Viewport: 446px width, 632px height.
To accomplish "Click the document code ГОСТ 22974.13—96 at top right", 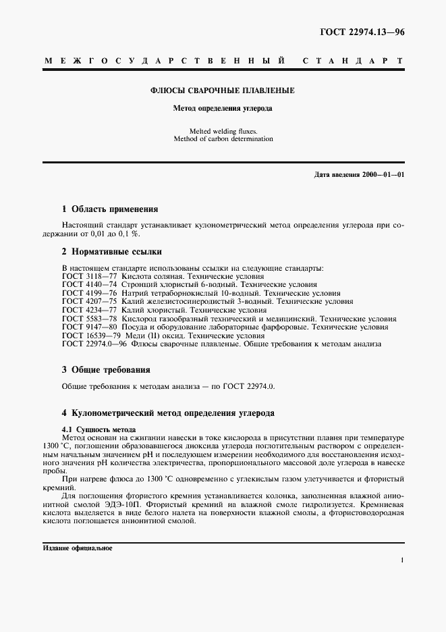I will [362, 32].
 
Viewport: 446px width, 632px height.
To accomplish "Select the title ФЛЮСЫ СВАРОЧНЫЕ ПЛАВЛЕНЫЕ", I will [222, 90].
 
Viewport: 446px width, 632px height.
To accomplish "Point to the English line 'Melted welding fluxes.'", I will [222, 130].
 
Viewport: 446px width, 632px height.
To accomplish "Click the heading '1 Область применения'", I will [110, 209].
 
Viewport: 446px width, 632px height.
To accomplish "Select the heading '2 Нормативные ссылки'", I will [111, 252].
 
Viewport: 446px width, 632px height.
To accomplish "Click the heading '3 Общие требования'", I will [106, 370].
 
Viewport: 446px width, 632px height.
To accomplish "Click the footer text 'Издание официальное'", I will [77, 548].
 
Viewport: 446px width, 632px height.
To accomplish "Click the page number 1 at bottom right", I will [402, 560].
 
